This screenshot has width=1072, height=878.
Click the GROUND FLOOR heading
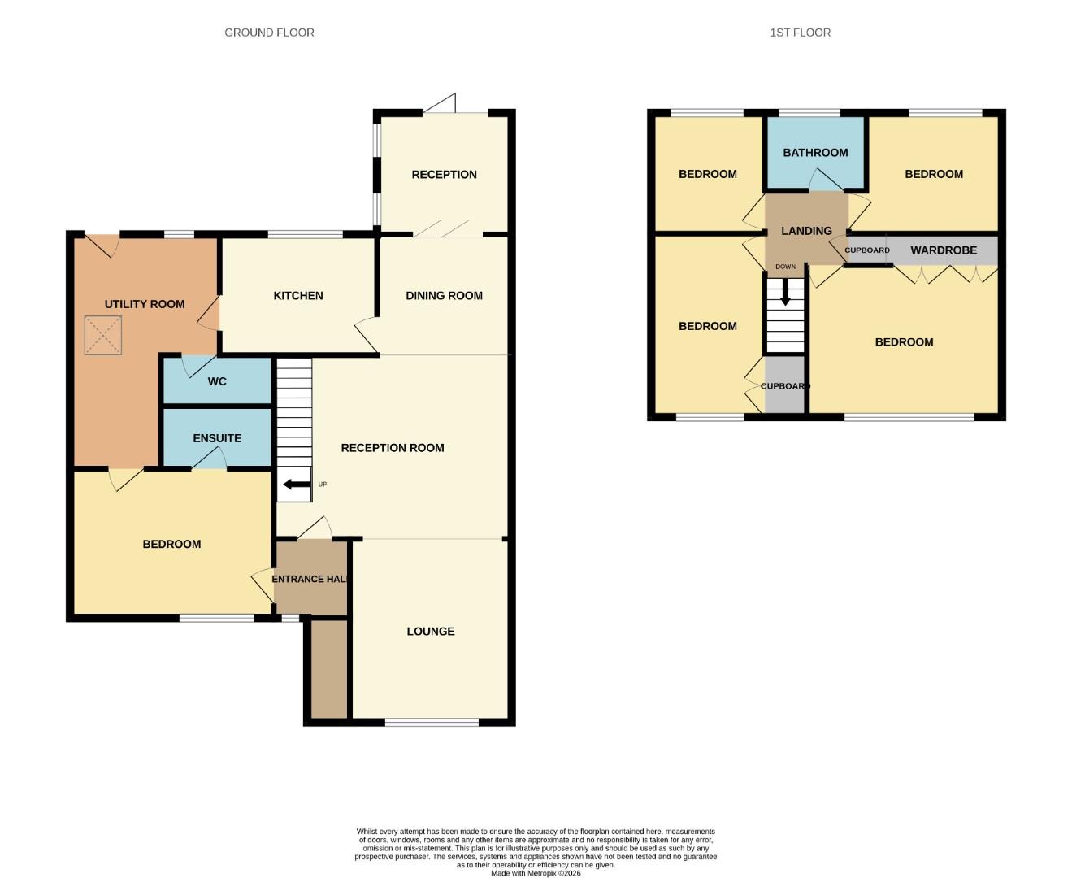click(x=269, y=33)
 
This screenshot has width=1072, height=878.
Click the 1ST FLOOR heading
click(x=800, y=33)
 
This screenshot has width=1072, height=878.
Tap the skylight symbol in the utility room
click(x=103, y=336)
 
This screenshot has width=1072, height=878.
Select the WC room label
click(x=217, y=381)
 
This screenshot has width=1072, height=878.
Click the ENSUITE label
click(x=217, y=438)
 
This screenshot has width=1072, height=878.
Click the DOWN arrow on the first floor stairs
click(x=785, y=293)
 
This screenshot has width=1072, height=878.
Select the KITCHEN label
click(x=298, y=296)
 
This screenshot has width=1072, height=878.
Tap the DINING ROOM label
click(x=444, y=296)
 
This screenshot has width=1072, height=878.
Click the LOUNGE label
click(x=431, y=632)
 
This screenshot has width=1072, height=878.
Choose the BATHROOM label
click(x=815, y=153)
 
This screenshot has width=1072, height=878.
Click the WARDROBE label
click(x=944, y=250)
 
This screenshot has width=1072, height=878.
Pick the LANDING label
click(x=806, y=231)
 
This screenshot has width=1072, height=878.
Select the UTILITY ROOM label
click(x=145, y=304)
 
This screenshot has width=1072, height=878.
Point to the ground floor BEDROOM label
click(x=171, y=544)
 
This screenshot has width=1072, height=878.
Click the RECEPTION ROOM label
click(x=393, y=448)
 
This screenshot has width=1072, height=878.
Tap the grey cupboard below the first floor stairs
click(x=784, y=386)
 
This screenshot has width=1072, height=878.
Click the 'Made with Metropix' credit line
click(x=536, y=873)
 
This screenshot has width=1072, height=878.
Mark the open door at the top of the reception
click(x=441, y=103)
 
